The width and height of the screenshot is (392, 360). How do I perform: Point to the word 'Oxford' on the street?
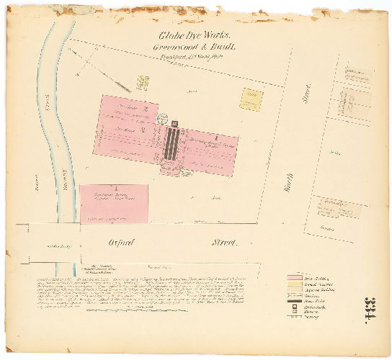122,243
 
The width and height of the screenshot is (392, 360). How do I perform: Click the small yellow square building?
251,99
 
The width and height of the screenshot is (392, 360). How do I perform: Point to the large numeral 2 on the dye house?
146,108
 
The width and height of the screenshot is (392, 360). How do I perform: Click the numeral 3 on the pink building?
143,130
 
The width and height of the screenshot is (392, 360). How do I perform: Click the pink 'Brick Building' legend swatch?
293,278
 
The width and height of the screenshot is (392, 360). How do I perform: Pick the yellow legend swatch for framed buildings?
293,284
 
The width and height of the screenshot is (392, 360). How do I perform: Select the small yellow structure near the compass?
141,84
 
